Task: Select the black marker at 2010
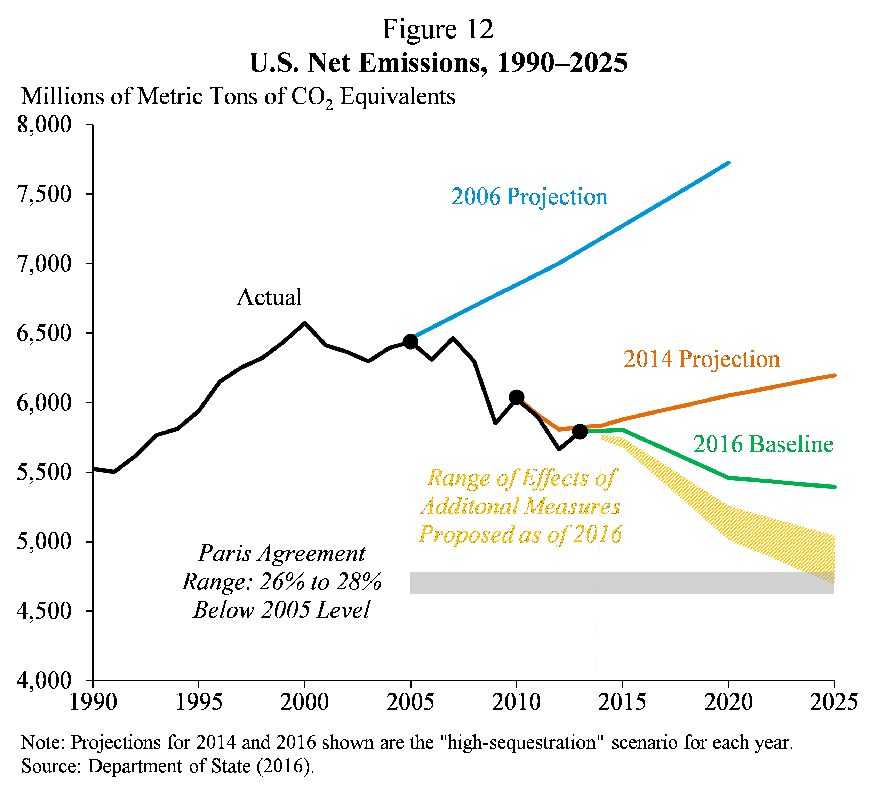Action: [516, 397]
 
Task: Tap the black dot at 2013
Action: [580, 431]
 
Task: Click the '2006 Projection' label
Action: [529, 197]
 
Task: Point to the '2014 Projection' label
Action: [701, 359]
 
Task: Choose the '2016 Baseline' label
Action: [763, 444]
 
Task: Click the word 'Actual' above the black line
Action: [269, 297]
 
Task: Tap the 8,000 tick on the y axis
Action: [44, 125]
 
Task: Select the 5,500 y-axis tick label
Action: [44, 472]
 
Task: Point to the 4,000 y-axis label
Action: [44, 681]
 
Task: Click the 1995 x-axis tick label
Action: [199, 702]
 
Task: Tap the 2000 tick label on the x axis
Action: [304, 702]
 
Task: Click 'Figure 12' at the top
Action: [438, 30]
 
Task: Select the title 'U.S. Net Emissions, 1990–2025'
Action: [438, 63]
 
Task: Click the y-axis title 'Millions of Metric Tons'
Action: [238, 96]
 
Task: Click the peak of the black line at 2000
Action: [304, 323]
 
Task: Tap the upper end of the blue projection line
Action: [729, 163]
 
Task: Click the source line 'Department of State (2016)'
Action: [168, 766]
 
